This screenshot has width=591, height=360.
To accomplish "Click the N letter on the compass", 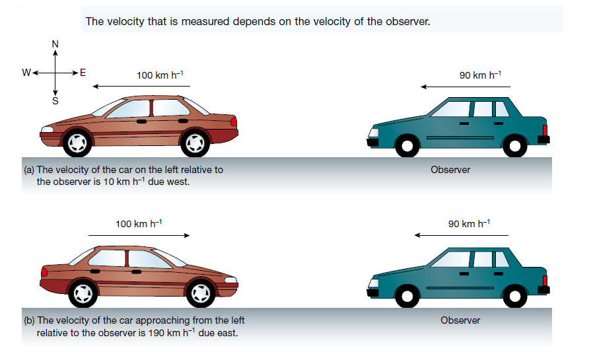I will click(x=55, y=44).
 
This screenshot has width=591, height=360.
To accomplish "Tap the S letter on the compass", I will click(x=55, y=101).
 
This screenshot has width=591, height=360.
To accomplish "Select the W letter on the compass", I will click(x=25, y=73).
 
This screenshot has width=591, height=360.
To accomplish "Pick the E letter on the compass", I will click(x=83, y=73).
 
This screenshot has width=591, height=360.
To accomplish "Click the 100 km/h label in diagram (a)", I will click(x=159, y=75).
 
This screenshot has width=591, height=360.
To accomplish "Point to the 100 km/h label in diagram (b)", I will click(x=138, y=224).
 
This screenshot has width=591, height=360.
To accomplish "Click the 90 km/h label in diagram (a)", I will click(x=480, y=75).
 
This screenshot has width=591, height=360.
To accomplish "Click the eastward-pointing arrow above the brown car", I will click(x=139, y=235).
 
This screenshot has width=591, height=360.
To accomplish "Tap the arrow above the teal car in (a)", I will click(x=466, y=86).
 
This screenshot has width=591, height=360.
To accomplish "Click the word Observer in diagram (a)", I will click(x=450, y=170).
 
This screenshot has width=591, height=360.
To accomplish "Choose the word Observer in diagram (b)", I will click(x=460, y=320).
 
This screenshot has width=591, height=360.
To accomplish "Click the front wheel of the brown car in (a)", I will click(x=77, y=142).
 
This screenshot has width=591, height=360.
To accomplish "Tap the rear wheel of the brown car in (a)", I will click(x=195, y=142).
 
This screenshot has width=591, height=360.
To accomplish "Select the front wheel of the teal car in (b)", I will click(x=407, y=295).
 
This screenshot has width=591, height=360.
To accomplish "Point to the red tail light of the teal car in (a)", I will click(x=545, y=130).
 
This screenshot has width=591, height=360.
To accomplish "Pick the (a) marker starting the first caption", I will click(x=29, y=170).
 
